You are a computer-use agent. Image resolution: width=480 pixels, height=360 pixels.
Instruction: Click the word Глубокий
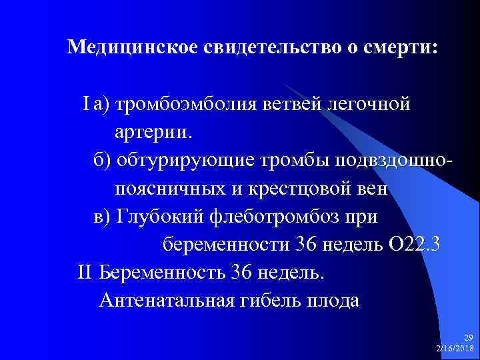(159, 217)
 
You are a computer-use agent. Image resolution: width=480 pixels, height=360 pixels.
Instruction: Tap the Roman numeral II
(85, 273)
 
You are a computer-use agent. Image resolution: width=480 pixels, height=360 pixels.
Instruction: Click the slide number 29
(467, 339)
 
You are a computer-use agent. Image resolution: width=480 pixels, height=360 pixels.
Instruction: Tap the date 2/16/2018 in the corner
(454, 349)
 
